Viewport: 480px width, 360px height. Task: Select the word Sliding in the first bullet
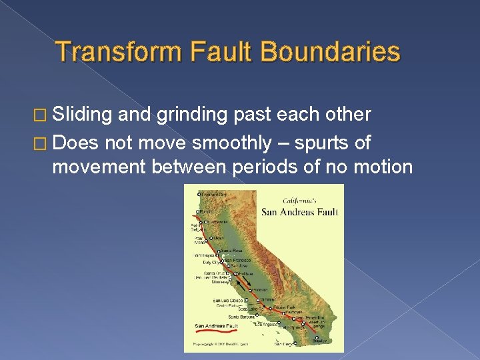point(75,115)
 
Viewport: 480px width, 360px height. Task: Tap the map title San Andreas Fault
point(299,212)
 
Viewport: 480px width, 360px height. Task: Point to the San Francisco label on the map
point(238,259)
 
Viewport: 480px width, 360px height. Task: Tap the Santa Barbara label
point(242,317)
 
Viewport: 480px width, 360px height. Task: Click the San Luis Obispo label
point(228,301)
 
